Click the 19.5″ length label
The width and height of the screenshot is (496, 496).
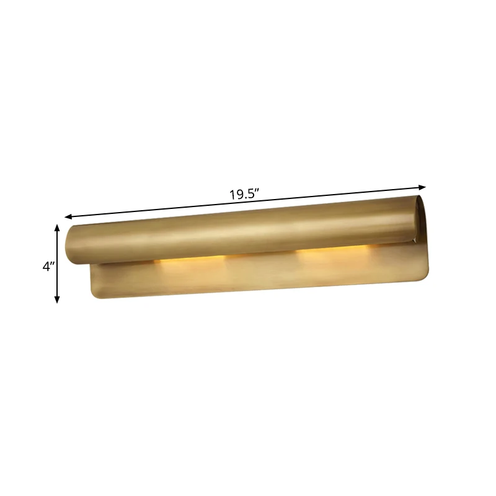click(244, 194)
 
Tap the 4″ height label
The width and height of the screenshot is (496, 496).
click(49, 267)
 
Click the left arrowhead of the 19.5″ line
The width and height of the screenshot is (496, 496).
click(68, 216)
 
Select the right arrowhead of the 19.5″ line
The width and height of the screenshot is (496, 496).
click(422, 187)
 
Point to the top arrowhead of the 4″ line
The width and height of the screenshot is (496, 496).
click(57, 228)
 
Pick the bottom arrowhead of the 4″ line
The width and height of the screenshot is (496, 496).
click(57, 299)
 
